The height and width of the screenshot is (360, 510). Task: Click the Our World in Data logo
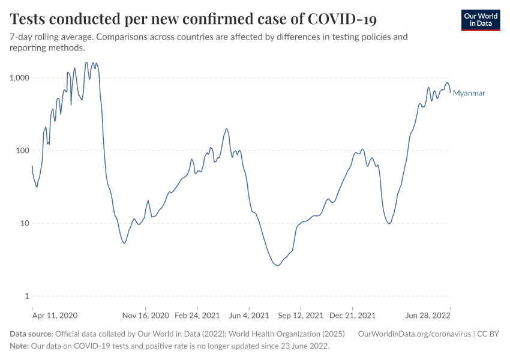pyautogui.click(x=481, y=20)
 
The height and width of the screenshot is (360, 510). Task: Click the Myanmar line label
pyautogui.click(x=469, y=93)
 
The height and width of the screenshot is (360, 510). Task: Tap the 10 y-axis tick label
pyautogui.click(x=26, y=223)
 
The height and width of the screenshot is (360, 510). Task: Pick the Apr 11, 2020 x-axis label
pyautogui.click(x=55, y=315)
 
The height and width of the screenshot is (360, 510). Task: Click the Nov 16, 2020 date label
pyautogui.click(x=145, y=315)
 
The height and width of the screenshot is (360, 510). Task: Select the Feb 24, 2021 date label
pyautogui.click(x=197, y=315)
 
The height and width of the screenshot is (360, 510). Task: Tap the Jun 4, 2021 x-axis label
pyautogui.click(x=248, y=315)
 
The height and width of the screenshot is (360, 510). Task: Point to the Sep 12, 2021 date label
pyautogui.click(x=300, y=315)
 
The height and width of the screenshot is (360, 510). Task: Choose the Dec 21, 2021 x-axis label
pyautogui.click(x=353, y=315)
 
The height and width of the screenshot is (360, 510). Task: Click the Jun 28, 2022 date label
pyautogui.click(x=427, y=315)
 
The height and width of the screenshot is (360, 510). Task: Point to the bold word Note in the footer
pyautogui.click(x=20, y=346)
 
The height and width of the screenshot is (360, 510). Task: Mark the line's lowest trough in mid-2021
pyautogui.click(x=277, y=265)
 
